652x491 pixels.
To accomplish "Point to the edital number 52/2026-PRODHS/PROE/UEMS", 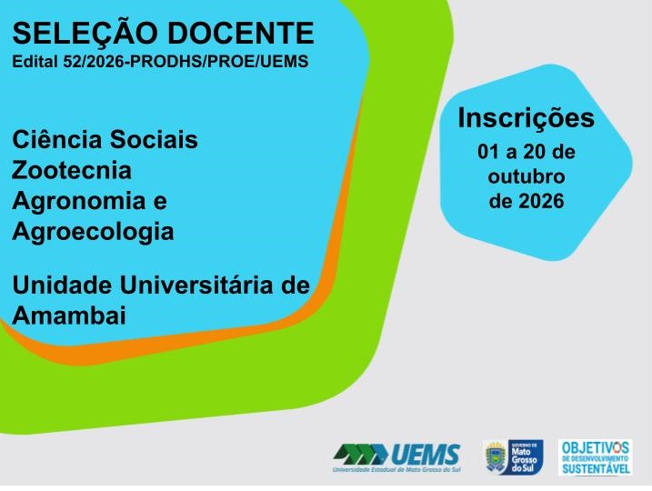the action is click(186, 61).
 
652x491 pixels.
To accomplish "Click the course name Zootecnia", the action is click(72, 170).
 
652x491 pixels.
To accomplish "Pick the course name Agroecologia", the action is click(93, 232).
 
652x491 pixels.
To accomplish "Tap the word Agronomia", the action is click(79, 201).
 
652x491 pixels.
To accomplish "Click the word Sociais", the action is click(159, 139).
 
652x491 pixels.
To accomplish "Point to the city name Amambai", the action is click(69, 316).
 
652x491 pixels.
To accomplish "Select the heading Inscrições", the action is click(526, 118).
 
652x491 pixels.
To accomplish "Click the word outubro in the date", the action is click(527, 176).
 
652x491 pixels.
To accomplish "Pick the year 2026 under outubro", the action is click(541, 201).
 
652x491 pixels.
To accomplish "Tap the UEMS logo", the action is click(396, 457).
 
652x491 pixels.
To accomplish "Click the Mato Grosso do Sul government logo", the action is click(513, 457).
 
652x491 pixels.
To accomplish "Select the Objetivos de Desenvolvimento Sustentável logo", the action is click(595, 457).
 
